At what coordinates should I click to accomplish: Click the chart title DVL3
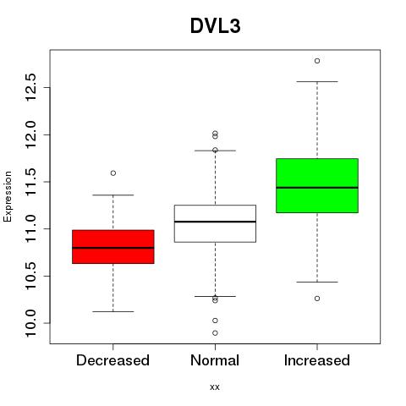click(x=216, y=26)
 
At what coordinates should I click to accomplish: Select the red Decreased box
click(x=113, y=247)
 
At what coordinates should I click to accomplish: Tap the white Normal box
click(x=215, y=223)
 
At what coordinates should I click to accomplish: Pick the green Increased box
click(x=317, y=185)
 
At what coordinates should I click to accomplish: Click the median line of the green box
click(x=317, y=188)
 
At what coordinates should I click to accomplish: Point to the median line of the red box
click(x=113, y=248)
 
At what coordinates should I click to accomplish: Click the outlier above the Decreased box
click(x=113, y=173)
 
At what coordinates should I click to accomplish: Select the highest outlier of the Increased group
click(x=317, y=61)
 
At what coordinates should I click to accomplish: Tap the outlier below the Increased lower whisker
click(x=317, y=299)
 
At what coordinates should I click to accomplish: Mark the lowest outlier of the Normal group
click(x=215, y=333)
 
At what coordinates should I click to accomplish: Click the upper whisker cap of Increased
click(x=317, y=82)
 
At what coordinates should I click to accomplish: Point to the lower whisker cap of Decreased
click(x=113, y=311)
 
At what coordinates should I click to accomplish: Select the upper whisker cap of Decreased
click(x=113, y=195)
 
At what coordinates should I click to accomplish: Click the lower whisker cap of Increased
click(x=317, y=282)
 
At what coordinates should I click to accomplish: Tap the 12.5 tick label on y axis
click(x=30, y=87)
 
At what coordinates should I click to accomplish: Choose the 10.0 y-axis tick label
click(x=30, y=323)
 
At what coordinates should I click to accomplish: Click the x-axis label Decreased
click(x=112, y=360)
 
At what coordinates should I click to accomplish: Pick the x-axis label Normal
click(x=215, y=360)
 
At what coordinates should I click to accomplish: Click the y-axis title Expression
click(x=8, y=196)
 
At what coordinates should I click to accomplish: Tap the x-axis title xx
click(x=215, y=387)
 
